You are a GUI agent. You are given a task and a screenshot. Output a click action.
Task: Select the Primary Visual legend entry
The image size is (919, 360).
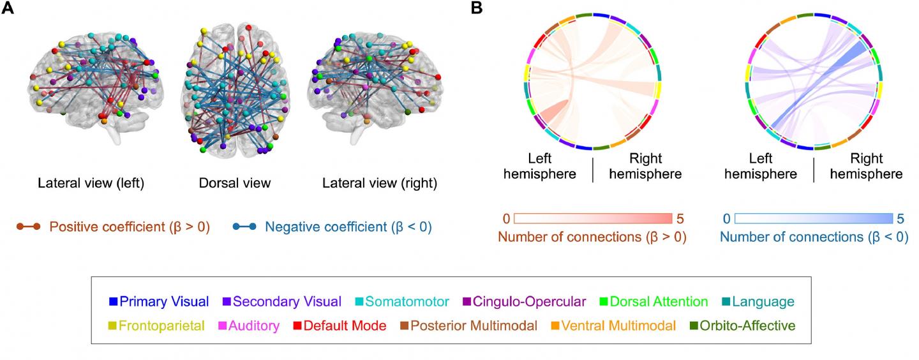tap(159, 301)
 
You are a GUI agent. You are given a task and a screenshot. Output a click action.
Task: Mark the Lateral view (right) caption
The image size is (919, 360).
tap(380, 184)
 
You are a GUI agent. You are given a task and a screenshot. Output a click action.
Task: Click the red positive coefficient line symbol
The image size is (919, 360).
tap(28, 227)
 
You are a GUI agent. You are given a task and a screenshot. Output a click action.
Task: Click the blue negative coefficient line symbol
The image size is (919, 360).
tap(244, 227)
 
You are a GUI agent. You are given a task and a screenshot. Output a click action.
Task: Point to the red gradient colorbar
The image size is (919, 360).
tap(594, 218)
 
